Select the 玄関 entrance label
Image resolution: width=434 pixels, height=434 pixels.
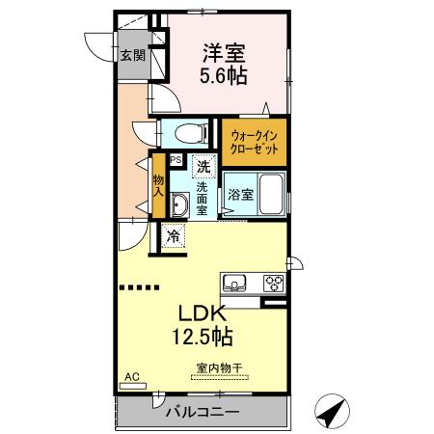click(x=131, y=56)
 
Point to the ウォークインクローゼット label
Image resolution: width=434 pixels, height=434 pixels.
click(x=254, y=144)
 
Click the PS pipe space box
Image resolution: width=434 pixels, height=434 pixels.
click(x=176, y=160)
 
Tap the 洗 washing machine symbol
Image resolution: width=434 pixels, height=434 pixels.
click(x=203, y=167)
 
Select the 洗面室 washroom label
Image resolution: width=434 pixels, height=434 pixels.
click(x=203, y=197)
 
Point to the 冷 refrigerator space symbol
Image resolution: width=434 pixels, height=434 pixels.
click(x=173, y=235)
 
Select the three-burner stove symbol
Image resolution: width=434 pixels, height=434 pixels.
click(x=273, y=284)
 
